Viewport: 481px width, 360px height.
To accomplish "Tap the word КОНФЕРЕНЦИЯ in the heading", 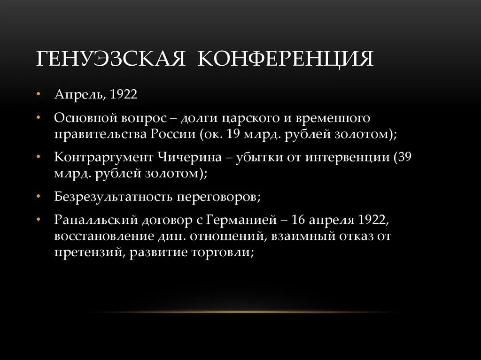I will point(286,60).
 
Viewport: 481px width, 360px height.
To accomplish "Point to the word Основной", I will point(84,118).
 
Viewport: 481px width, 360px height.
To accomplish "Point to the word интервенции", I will point(347,157).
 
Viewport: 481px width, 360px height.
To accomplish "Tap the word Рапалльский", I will point(89,220).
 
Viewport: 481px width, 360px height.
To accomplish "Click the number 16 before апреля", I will point(298,220).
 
